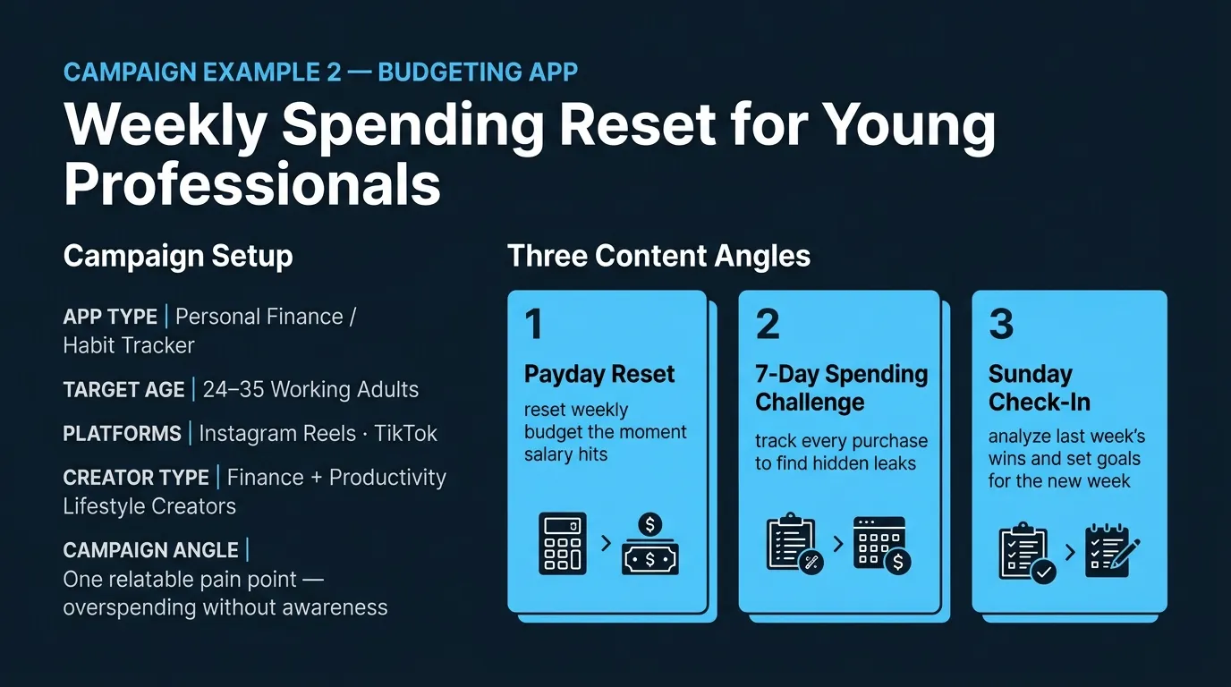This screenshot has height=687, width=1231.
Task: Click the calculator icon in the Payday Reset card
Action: coord(563,542)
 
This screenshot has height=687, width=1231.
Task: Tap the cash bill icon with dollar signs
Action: coord(650,545)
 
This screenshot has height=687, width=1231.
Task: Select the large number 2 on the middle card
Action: coord(767,325)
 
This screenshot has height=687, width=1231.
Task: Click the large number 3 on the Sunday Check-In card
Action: coord(1001,325)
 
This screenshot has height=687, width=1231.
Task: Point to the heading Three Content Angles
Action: coord(658,256)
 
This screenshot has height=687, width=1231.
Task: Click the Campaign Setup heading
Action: coord(178,256)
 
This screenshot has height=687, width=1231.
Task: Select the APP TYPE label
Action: coord(110,317)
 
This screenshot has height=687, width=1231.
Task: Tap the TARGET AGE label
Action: coord(123,390)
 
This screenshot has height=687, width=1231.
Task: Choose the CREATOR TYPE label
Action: coord(136,478)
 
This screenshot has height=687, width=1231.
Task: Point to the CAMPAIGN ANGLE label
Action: coord(150,550)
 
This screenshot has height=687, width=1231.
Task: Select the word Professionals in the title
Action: coord(252,184)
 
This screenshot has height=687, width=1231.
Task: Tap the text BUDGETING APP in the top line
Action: coord(478,72)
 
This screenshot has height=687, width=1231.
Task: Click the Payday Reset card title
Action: coord(599,374)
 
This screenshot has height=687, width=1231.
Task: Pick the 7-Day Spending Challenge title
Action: coord(841,387)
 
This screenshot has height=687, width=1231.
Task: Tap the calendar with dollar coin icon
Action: coord(881,545)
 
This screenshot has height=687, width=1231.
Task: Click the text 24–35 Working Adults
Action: coord(310,390)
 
